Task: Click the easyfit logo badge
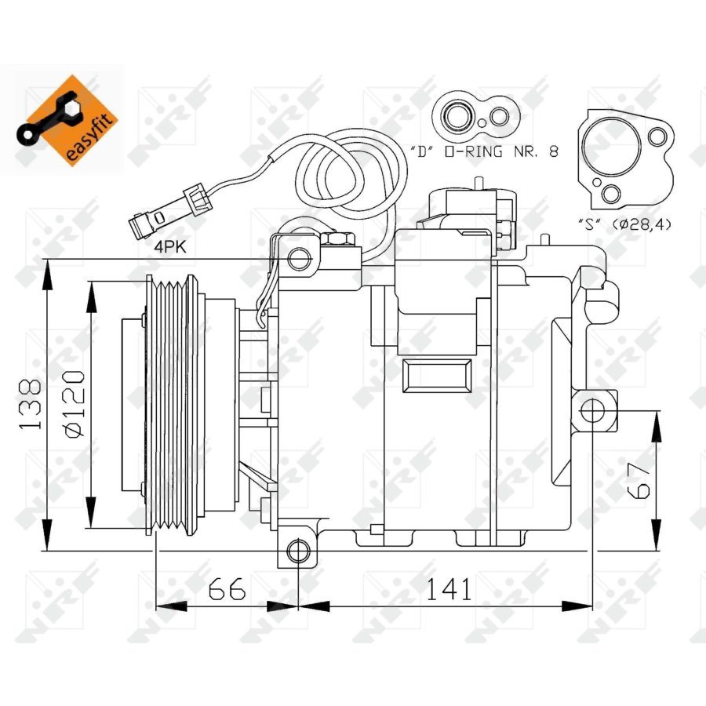pos(69,118)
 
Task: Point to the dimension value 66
pos(227,588)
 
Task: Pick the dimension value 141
pos(448,588)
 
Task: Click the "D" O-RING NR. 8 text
pos(484,151)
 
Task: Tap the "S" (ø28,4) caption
pos(626,224)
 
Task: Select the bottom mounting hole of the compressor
pos(297,551)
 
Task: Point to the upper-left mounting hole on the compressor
pos(297,258)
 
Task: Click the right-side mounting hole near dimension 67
pos(594,409)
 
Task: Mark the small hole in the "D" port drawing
pos(497,118)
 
